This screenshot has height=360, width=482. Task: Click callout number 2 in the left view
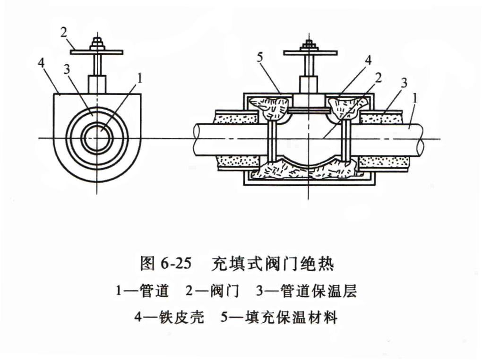pyautogui.click(x=65, y=34)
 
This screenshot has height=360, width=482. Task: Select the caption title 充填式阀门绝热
pyautogui.click(x=273, y=264)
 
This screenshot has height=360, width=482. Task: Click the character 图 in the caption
pyautogui.click(x=147, y=264)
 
